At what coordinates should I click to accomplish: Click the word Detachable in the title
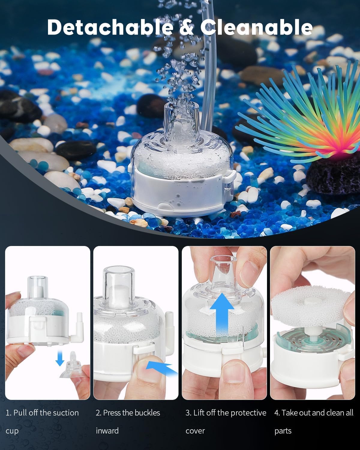[110, 27]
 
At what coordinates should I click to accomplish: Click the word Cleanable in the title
[256, 27]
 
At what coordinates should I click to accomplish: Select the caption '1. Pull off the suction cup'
[42, 421]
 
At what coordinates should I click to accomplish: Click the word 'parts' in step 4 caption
[283, 431]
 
